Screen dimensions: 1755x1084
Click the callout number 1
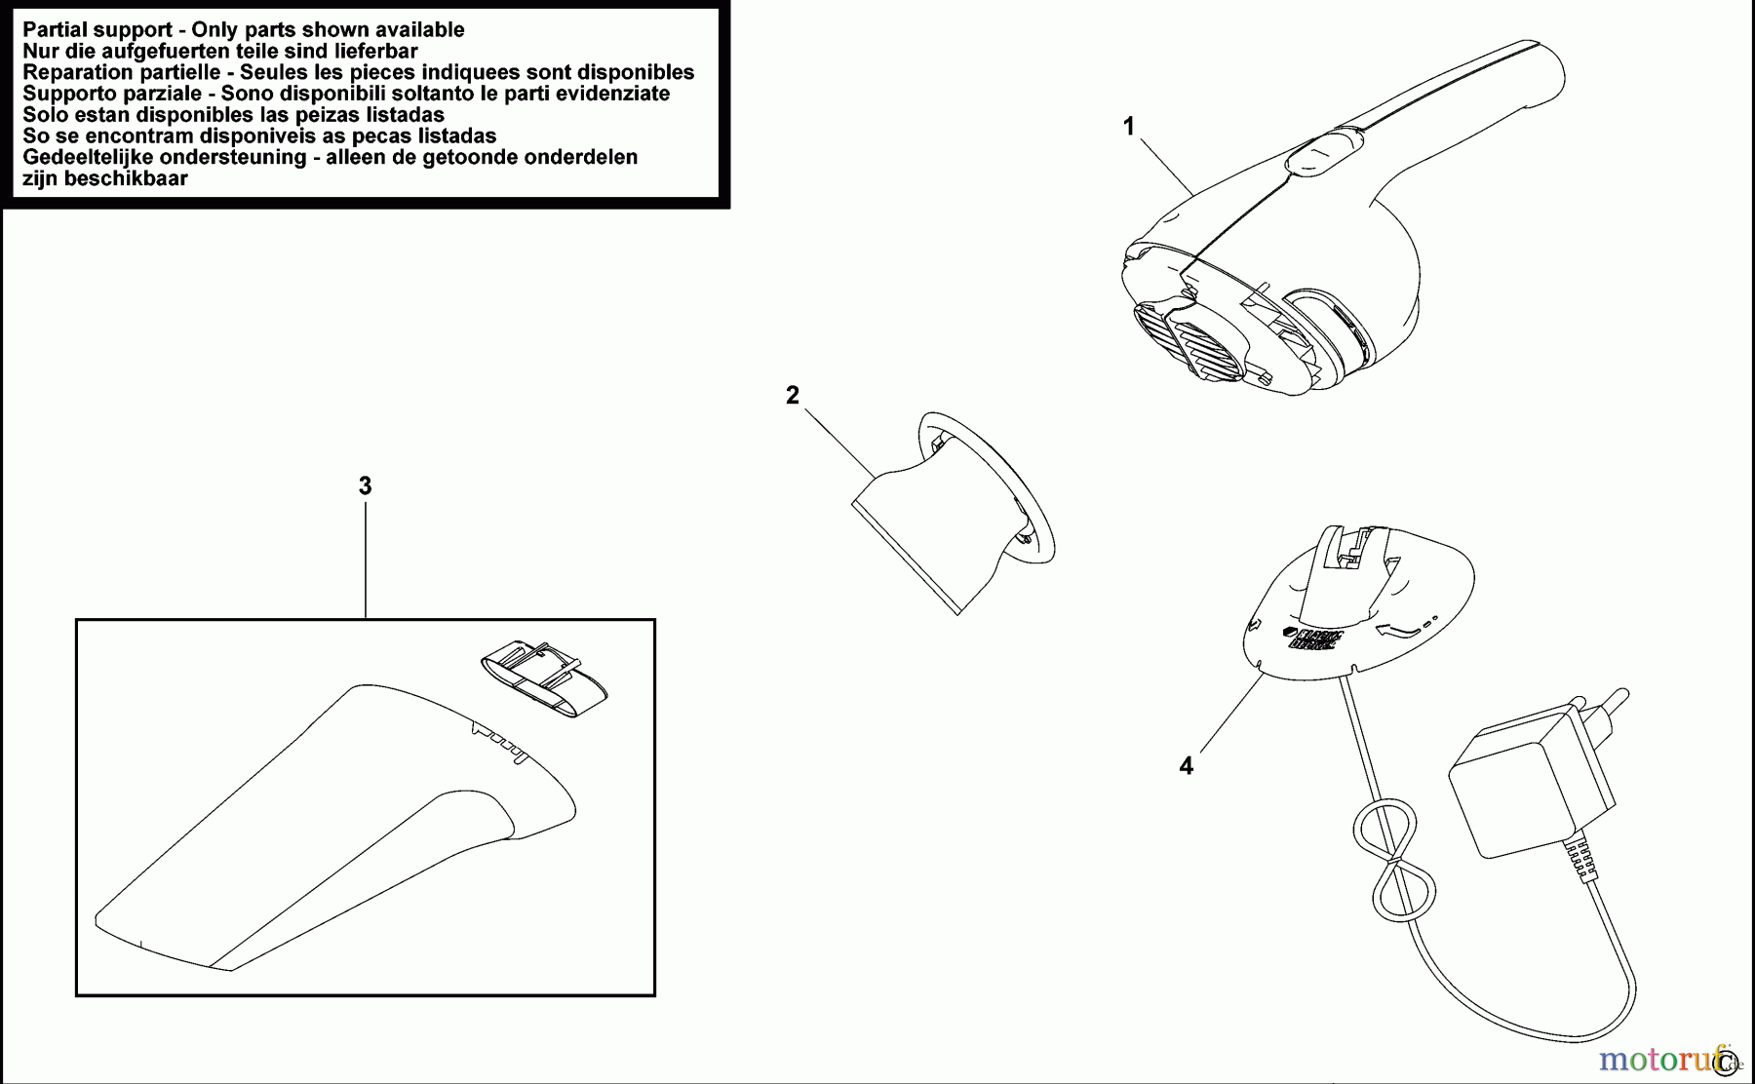[x=1129, y=127]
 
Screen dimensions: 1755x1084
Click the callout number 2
[x=793, y=395]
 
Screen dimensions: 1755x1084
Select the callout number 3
[x=365, y=485]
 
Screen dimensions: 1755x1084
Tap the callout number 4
[x=1186, y=766]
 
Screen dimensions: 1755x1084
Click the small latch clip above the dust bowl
[x=543, y=682]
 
